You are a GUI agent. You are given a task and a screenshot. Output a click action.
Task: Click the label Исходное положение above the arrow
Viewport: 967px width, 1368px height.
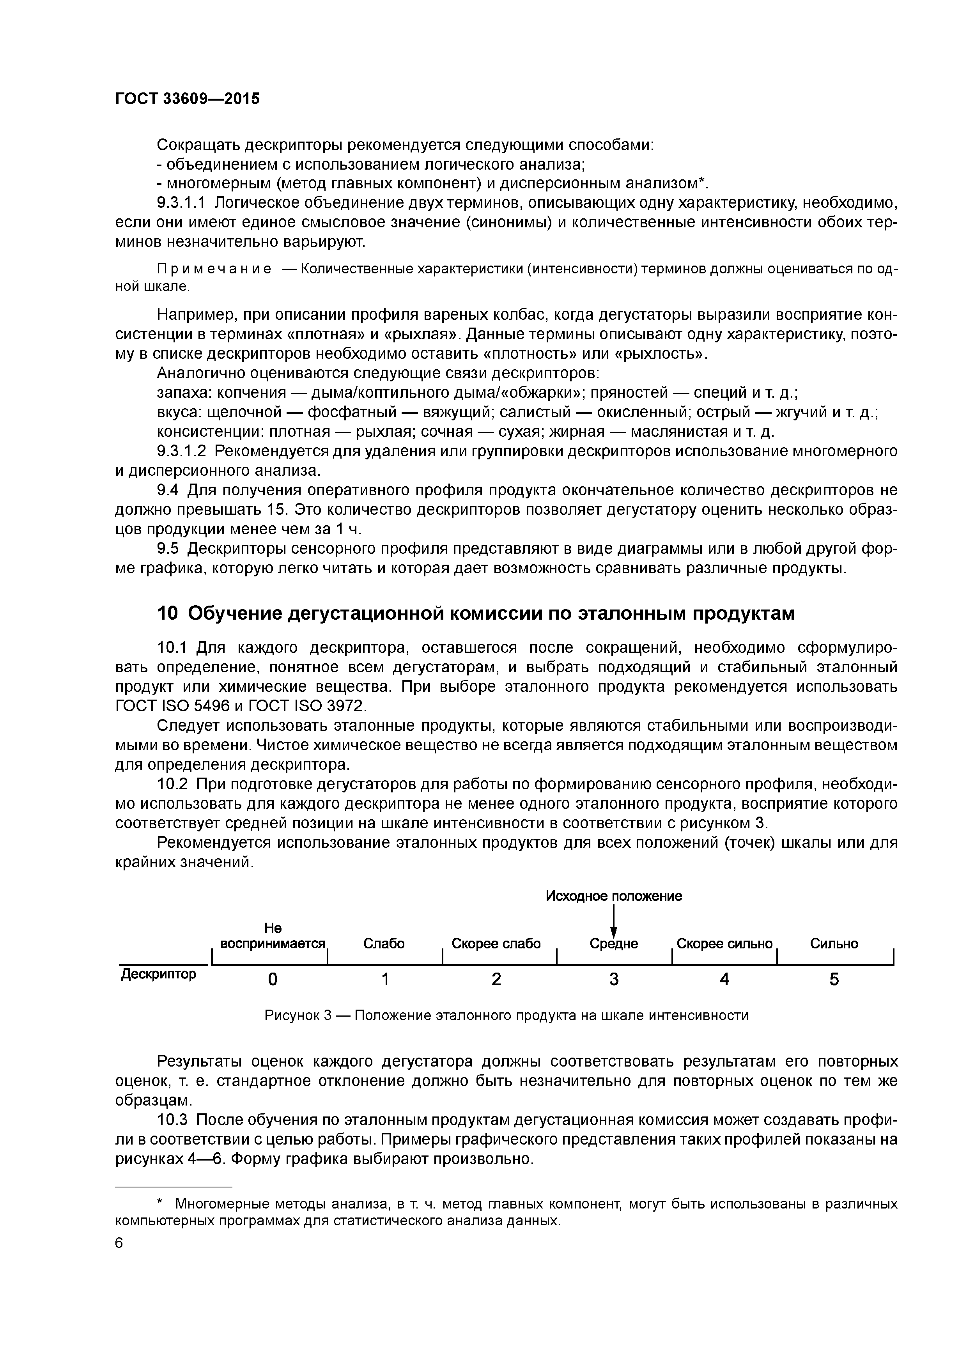614,896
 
